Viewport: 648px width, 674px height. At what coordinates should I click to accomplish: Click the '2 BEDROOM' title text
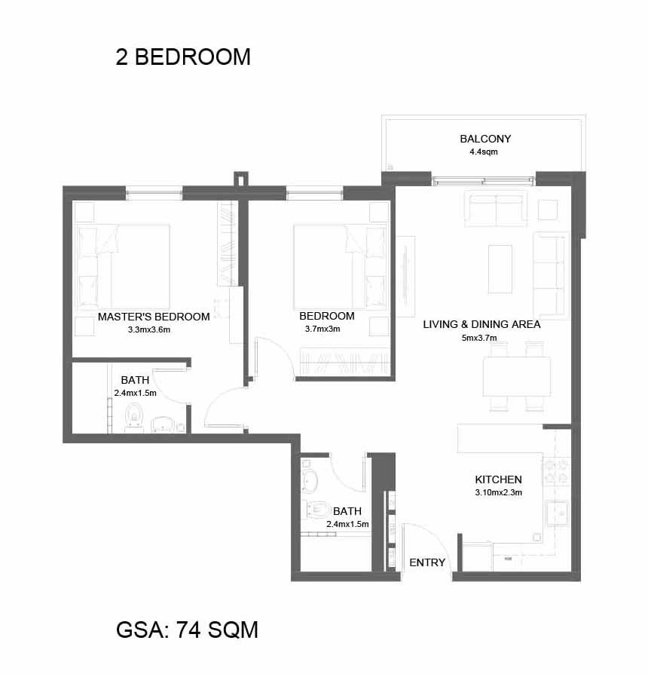click(x=183, y=57)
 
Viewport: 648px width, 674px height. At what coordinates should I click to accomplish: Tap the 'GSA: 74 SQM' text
click(x=187, y=630)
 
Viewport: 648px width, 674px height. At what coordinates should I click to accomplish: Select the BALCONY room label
click(x=485, y=139)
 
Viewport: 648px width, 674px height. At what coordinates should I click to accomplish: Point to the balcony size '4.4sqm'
click(x=484, y=152)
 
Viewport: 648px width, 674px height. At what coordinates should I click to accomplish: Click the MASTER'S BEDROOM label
click(x=154, y=317)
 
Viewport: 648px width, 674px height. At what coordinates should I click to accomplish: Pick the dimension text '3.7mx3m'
click(x=322, y=329)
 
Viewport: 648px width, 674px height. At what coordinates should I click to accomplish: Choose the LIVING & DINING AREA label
click(x=481, y=324)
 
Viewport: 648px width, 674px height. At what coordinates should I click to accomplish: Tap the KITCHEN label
click(x=499, y=479)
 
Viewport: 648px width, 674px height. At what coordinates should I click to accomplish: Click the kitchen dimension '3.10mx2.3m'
click(x=499, y=492)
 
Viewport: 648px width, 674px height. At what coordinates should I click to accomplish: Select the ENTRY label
click(x=427, y=562)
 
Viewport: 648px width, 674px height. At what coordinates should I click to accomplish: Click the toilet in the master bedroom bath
click(x=134, y=417)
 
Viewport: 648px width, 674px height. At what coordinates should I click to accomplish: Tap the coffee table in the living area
click(x=500, y=269)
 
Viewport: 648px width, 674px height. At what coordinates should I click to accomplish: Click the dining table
click(x=516, y=376)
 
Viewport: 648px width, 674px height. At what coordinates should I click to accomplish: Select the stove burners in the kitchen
click(x=556, y=470)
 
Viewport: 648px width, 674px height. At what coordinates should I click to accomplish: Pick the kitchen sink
click(x=558, y=513)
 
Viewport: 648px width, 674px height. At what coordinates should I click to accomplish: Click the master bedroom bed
click(x=123, y=266)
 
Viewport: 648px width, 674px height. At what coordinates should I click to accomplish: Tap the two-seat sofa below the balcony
click(x=497, y=209)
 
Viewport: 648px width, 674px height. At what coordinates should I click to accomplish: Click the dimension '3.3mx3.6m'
click(x=149, y=330)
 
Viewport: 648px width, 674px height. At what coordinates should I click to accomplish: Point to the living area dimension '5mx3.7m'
click(x=479, y=338)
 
